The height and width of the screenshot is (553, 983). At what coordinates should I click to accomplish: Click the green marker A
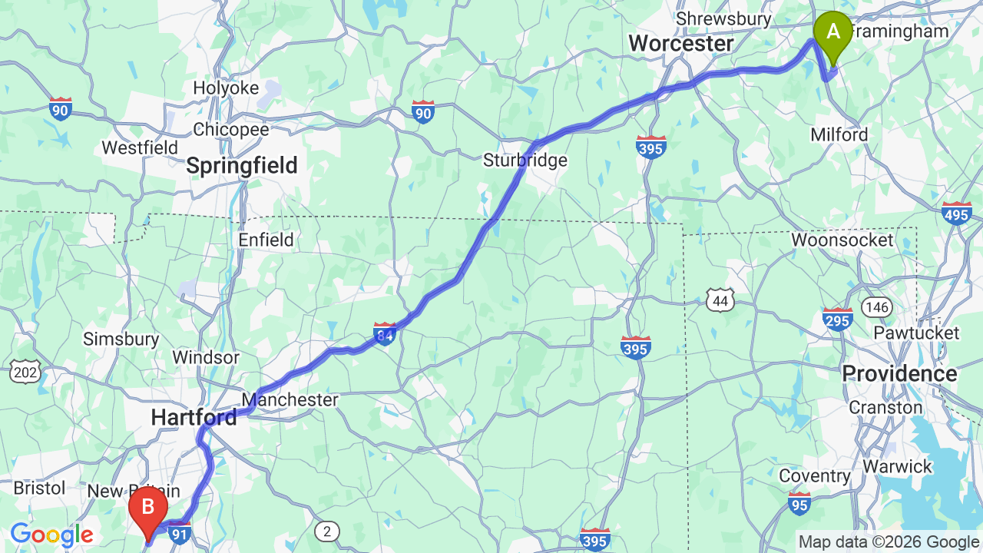tap(832, 33)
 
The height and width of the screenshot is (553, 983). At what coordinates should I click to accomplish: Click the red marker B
tap(148, 508)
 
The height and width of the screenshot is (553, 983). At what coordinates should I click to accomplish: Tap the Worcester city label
tap(681, 44)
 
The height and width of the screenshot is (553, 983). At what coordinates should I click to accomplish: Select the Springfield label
tap(242, 165)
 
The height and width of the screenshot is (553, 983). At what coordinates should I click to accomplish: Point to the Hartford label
tap(194, 417)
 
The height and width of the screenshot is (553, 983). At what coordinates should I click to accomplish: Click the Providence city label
tap(899, 374)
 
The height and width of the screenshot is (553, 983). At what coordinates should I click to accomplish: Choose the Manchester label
tap(290, 399)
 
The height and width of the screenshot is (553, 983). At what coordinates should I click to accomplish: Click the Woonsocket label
tap(842, 240)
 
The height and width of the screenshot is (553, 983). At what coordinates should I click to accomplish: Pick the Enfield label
tap(266, 240)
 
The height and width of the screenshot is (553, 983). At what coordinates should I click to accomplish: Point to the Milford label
tap(839, 134)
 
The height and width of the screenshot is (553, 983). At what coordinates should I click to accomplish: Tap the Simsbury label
tap(121, 339)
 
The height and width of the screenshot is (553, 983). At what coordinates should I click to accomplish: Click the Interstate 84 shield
tap(385, 333)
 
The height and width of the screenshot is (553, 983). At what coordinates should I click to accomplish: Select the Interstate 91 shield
tap(180, 533)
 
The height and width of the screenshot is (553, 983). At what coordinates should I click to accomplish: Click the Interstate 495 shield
tap(957, 214)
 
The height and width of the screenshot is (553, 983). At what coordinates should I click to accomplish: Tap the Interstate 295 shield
tap(837, 318)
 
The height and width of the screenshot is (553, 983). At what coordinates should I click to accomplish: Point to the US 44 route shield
tap(720, 300)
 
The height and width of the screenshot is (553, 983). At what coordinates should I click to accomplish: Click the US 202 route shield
tap(25, 373)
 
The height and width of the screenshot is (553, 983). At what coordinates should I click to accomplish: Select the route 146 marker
tap(876, 307)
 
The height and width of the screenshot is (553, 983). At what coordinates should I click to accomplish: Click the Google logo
tap(51, 535)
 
